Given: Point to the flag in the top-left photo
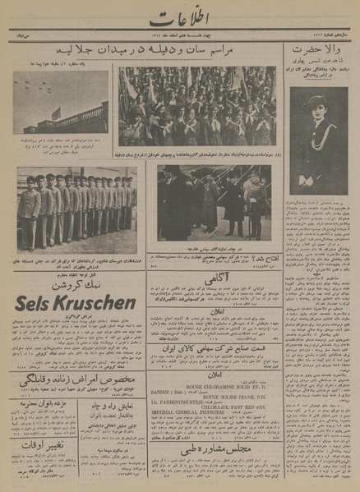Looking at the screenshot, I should coord(55,112).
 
